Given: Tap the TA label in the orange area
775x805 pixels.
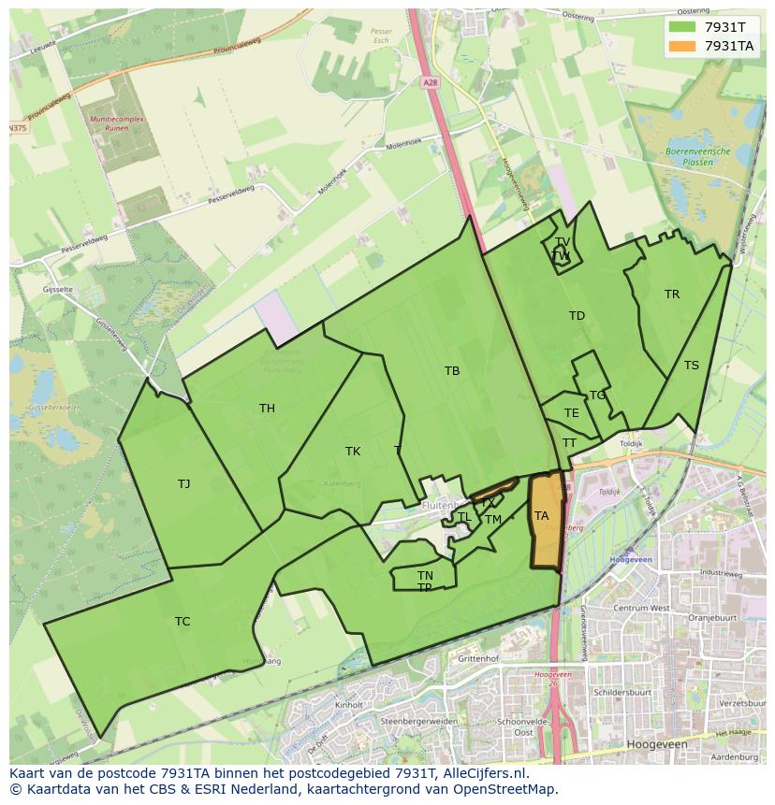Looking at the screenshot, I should point(541,516).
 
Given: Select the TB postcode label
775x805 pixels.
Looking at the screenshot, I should point(452,371).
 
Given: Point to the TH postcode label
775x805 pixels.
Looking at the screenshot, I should point(267,409).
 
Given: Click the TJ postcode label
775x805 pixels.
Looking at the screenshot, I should point(183,484).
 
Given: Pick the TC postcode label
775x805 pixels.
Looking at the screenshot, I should point(183,622).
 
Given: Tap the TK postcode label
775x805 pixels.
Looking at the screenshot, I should point(353,452).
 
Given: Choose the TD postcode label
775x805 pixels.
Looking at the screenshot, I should point(577,316).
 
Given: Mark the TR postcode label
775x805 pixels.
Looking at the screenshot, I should point(672,295).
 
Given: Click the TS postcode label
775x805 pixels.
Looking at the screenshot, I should point(691,366).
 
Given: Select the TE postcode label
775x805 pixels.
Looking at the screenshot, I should point(572,413).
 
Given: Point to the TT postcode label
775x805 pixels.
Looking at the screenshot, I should point(569,443).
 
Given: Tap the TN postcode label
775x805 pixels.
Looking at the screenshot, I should point(425,576).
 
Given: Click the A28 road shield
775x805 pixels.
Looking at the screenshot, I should point(430,83).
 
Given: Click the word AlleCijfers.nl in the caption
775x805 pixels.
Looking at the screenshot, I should point(486,773).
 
